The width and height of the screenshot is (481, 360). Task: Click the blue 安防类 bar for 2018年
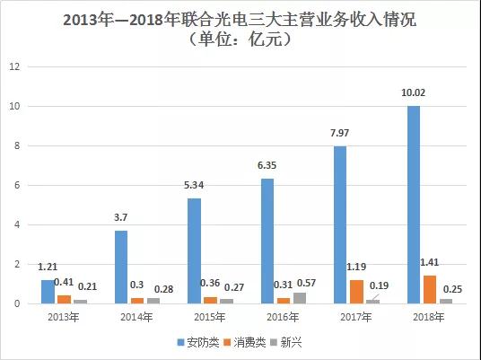(413, 205)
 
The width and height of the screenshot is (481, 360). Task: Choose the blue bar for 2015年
(195, 251)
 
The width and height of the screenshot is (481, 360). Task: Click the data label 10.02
(413, 92)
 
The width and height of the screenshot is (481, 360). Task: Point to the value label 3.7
(121, 217)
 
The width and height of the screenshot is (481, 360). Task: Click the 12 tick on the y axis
(12, 67)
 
